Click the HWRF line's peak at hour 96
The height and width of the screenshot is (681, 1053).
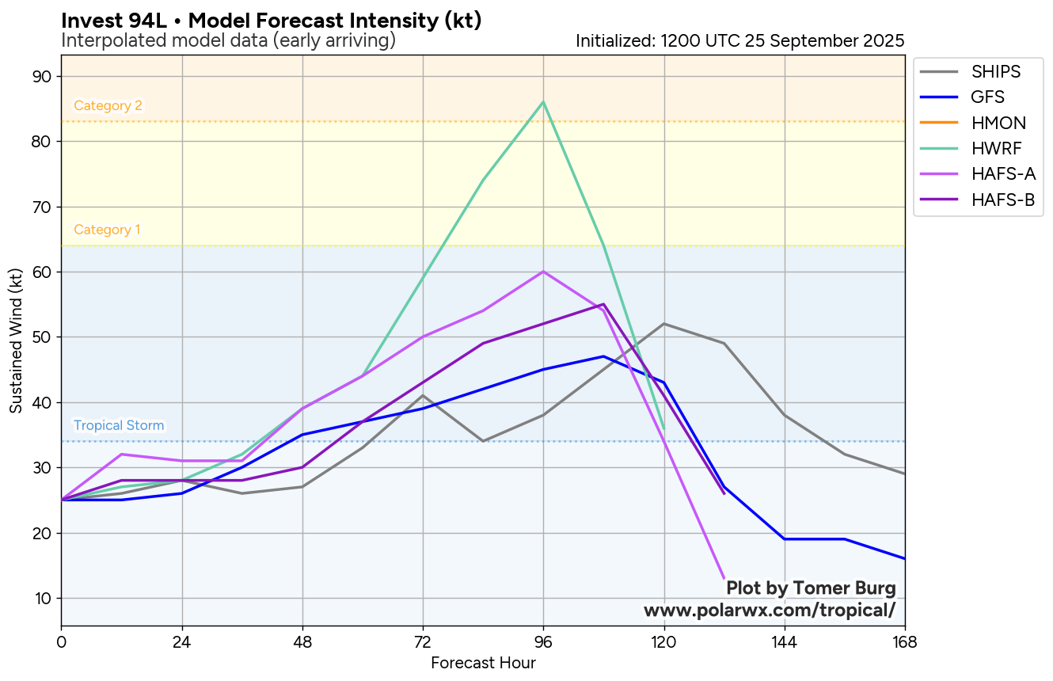click(x=543, y=101)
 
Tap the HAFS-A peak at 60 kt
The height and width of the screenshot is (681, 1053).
click(x=543, y=272)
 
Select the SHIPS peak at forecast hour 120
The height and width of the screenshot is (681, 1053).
click(x=663, y=323)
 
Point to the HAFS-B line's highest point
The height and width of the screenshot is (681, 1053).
click(x=603, y=304)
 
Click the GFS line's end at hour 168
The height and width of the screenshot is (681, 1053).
click(x=903, y=558)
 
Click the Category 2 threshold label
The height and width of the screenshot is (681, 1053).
click(x=108, y=106)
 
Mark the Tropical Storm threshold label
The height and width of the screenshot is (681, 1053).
click(x=119, y=425)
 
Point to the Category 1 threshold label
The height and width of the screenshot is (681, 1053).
click(x=107, y=230)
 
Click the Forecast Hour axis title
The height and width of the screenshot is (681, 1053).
click(x=483, y=663)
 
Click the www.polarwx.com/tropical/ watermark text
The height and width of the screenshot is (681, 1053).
click(x=770, y=611)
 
